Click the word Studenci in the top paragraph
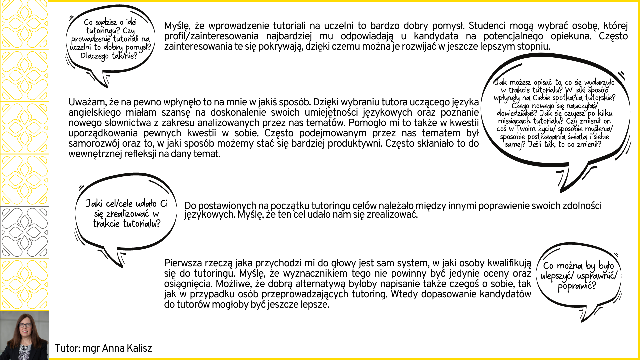[488, 26]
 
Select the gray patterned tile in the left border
[25, 232]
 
